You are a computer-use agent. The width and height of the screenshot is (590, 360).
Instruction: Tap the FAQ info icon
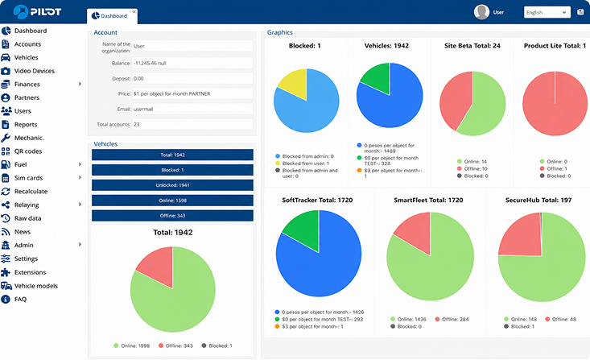click(x=6, y=300)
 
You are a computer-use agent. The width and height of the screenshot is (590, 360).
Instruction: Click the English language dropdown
click(x=547, y=12)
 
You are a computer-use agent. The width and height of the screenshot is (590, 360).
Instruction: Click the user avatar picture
click(x=481, y=12)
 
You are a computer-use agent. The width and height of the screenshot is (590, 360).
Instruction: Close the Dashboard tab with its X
click(x=134, y=11)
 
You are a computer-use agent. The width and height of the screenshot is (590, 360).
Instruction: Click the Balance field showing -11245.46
click(x=192, y=64)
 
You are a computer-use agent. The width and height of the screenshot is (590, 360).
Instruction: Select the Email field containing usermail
click(x=192, y=110)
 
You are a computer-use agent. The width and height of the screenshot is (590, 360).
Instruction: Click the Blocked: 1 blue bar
click(x=172, y=170)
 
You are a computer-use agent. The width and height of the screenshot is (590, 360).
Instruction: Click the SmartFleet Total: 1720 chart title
click(x=428, y=201)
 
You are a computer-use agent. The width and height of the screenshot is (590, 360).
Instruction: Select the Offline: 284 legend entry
click(x=452, y=320)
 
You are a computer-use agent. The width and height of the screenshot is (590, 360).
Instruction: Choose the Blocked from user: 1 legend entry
click(x=302, y=163)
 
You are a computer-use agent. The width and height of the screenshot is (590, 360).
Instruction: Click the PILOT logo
click(x=37, y=12)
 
